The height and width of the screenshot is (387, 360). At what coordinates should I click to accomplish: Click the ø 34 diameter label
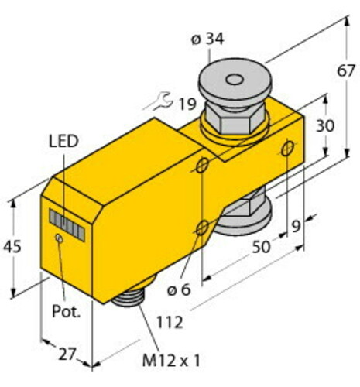(207, 39)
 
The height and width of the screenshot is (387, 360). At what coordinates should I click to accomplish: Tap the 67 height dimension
(347, 70)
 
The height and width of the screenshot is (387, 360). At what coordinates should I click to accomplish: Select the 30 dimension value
(325, 125)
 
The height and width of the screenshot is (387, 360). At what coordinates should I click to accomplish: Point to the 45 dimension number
(12, 246)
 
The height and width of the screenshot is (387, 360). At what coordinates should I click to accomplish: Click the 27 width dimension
(67, 354)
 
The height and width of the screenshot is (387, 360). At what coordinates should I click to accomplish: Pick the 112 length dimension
(170, 322)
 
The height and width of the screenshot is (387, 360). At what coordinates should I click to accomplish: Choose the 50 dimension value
(261, 247)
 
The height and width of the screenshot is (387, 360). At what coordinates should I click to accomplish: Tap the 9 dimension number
(296, 226)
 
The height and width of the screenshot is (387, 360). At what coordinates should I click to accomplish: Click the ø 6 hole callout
(179, 289)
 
